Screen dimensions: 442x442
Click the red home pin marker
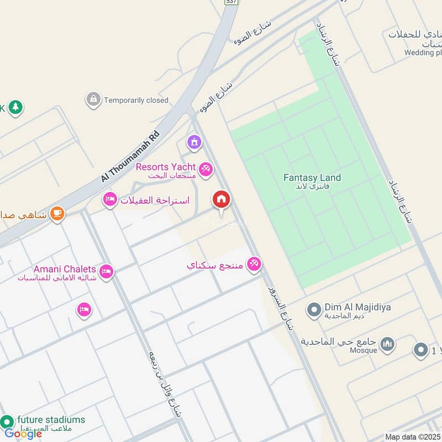point(222,200)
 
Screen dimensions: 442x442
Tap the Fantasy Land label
point(312,178)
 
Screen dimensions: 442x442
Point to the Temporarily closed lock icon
point(93,100)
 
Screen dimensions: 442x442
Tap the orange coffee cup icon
point(57,213)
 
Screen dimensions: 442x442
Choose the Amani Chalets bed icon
point(107,271)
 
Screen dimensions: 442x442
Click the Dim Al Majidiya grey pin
point(314,309)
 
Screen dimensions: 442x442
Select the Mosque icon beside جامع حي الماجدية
point(388,345)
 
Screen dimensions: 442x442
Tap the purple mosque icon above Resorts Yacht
point(194,143)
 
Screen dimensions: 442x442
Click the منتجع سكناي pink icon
point(254,264)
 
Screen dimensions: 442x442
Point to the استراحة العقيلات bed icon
point(110,199)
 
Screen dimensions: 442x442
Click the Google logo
point(23,433)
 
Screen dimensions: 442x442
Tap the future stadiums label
point(51,419)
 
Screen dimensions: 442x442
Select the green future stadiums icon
point(7,422)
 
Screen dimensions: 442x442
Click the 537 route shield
point(231,2)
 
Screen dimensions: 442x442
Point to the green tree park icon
point(15,107)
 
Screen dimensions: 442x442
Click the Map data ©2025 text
point(412,437)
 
